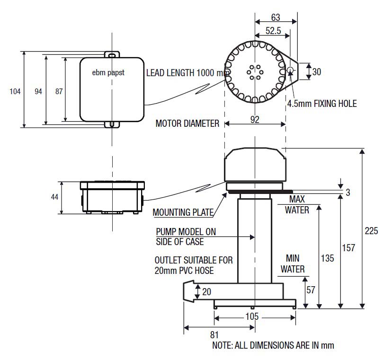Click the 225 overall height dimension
[x=372, y=231]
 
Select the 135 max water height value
[x=327, y=258]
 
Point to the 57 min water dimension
[x=311, y=290]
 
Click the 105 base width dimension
[x=253, y=316]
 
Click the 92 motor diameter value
[x=255, y=120]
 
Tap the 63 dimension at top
[x=276, y=18]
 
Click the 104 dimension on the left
[x=15, y=91]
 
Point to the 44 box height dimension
[x=55, y=196]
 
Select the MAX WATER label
[x=297, y=204]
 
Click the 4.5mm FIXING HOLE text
[x=321, y=103]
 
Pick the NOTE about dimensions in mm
[x=273, y=345]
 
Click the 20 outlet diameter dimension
[x=206, y=292]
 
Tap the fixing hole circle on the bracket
[x=290, y=70]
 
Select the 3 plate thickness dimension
[x=348, y=193]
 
